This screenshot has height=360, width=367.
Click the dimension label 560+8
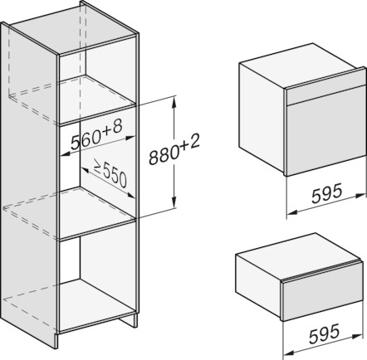tap(96, 135)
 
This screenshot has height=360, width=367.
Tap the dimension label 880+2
tap(174, 149)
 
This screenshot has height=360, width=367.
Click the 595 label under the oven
tap(327, 193)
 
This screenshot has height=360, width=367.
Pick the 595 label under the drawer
tap(324, 334)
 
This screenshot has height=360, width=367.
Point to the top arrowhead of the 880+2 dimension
tap(174, 101)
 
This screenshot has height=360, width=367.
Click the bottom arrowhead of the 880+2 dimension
tap(174, 202)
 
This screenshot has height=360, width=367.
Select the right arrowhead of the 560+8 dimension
tap(130, 137)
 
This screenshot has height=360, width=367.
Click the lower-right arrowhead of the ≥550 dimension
tap(130, 195)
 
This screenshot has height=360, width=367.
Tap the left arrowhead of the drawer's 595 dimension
tap(288, 353)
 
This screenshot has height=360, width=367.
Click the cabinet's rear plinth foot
tap(129, 321)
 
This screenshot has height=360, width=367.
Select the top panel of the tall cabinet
tap(74, 30)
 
